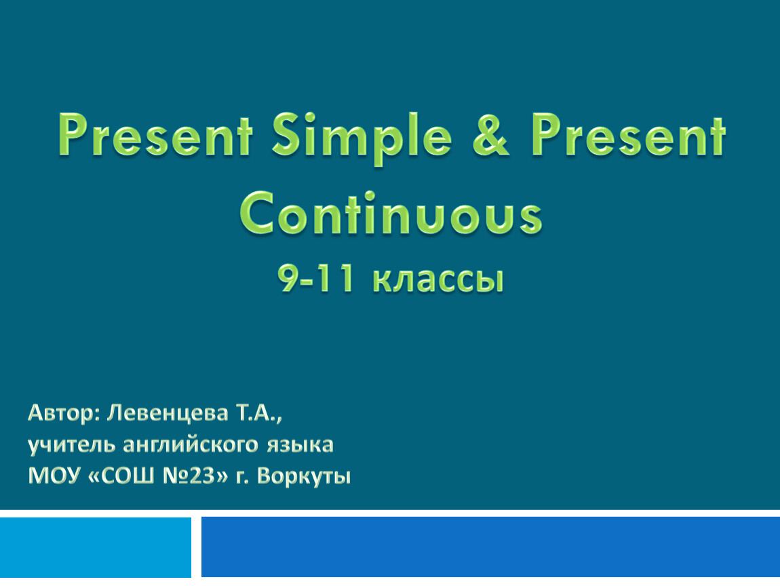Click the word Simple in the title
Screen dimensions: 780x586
[362, 137]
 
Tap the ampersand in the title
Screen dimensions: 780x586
[490, 135]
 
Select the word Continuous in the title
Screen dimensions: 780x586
[391, 213]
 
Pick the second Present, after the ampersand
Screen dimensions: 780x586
[628, 135]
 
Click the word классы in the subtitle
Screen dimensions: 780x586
[437, 281]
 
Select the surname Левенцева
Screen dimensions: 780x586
[167, 413]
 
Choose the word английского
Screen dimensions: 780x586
[191, 444]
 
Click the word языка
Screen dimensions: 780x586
[300, 445]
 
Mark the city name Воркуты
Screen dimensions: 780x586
[304, 477]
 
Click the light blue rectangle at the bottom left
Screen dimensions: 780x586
[96, 547]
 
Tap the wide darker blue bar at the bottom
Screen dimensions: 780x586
[490, 547]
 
